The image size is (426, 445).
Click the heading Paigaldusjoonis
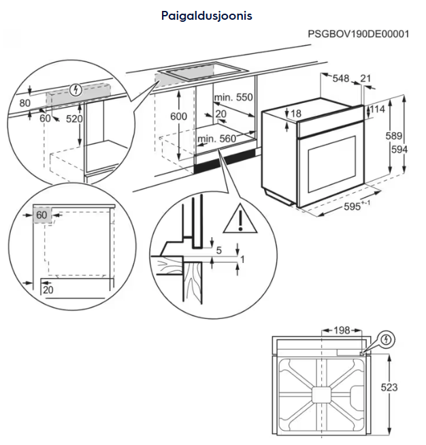207,15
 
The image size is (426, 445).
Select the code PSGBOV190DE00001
358,33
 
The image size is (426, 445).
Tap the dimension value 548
340,79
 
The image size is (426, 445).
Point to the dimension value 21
365,79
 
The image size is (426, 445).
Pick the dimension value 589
394,136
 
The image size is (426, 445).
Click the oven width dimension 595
355,205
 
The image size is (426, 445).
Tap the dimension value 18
295,113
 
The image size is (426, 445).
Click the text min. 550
233,97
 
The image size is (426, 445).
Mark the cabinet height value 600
178,117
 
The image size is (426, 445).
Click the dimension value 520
74,119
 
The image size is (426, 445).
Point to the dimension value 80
25,103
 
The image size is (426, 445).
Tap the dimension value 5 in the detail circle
218,250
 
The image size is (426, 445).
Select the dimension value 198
342,331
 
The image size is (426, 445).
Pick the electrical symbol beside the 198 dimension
386,338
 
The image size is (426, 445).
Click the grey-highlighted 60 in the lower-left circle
42,215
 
